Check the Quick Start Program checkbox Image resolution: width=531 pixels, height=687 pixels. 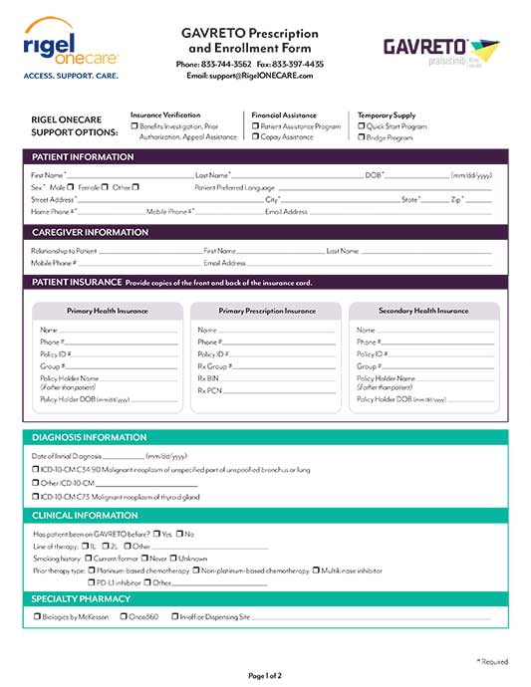(x=362, y=126)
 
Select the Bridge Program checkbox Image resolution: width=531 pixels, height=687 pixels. (x=362, y=137)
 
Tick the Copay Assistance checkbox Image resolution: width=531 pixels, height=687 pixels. (x=255, y=137)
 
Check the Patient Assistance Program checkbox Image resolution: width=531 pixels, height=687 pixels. (x=255, y=126)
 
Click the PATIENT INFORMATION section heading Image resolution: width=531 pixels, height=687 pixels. (x=83, y=157)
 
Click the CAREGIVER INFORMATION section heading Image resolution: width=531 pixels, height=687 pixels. (x=90, y=232)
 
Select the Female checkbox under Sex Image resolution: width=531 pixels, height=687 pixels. (x=105, y=186)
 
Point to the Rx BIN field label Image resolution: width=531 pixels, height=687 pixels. (x=208, y=378)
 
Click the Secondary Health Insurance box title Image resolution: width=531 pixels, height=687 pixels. (x=423, y=311)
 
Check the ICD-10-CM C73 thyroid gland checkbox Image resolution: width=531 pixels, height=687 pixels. (x=35, y=496)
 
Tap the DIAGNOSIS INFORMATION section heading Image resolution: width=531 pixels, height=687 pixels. (x=89, y=437)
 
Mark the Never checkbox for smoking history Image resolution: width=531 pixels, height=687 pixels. (x=145, y=559)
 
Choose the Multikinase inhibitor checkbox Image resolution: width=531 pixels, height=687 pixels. (x=316, y=571)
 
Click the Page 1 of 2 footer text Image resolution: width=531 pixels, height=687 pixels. (x=265, y=676)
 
